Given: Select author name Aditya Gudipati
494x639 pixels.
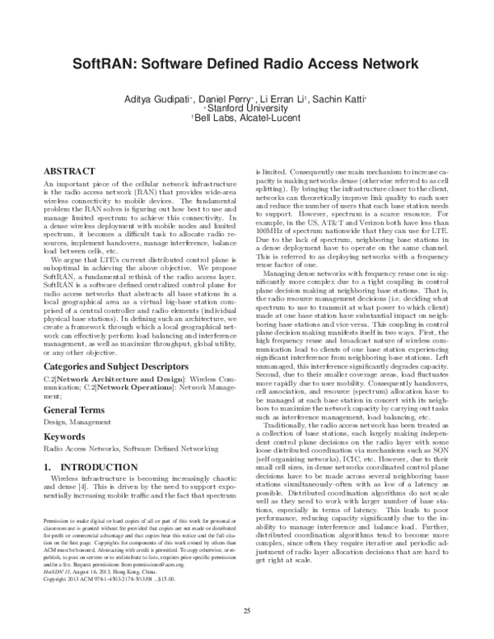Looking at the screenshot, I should click(184, 99).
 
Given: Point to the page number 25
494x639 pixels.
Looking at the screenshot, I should click(246, 609).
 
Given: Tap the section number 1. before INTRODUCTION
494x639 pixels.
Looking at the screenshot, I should click(48, 468).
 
